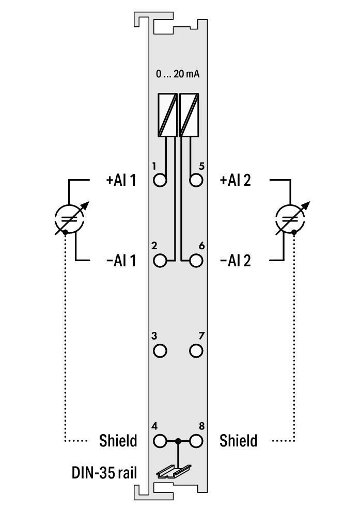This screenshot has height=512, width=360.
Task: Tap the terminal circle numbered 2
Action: (x=161, y=260)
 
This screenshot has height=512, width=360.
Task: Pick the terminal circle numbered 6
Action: (x=196, y=260)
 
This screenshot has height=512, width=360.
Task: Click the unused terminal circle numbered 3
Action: (x=161, y=351)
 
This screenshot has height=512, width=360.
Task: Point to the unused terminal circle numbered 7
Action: (x=196, y=351)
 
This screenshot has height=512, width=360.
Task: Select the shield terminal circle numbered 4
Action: (x=161, y=441)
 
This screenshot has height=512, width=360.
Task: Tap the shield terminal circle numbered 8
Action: (x=196, y=441)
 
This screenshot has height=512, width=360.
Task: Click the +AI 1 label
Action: (x=121, y=181)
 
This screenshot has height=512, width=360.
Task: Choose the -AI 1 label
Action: (x=121, y=261)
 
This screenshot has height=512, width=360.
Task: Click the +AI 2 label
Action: (x=236, y=181)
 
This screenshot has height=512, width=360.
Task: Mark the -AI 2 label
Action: (x=236, y=261)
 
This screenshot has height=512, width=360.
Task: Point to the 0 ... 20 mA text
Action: (x=178, y=74)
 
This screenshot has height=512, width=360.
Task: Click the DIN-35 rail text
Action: (x=104, y=472)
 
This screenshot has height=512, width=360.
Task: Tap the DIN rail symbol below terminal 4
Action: (x=174, y=470)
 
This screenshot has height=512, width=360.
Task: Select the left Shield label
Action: (x=118, y=441)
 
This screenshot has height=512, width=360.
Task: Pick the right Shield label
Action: (x=238, y=441)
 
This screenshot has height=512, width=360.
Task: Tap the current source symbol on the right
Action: (x=291, y=218)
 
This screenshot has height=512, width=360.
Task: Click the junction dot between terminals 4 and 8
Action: (x=178, y=441)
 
